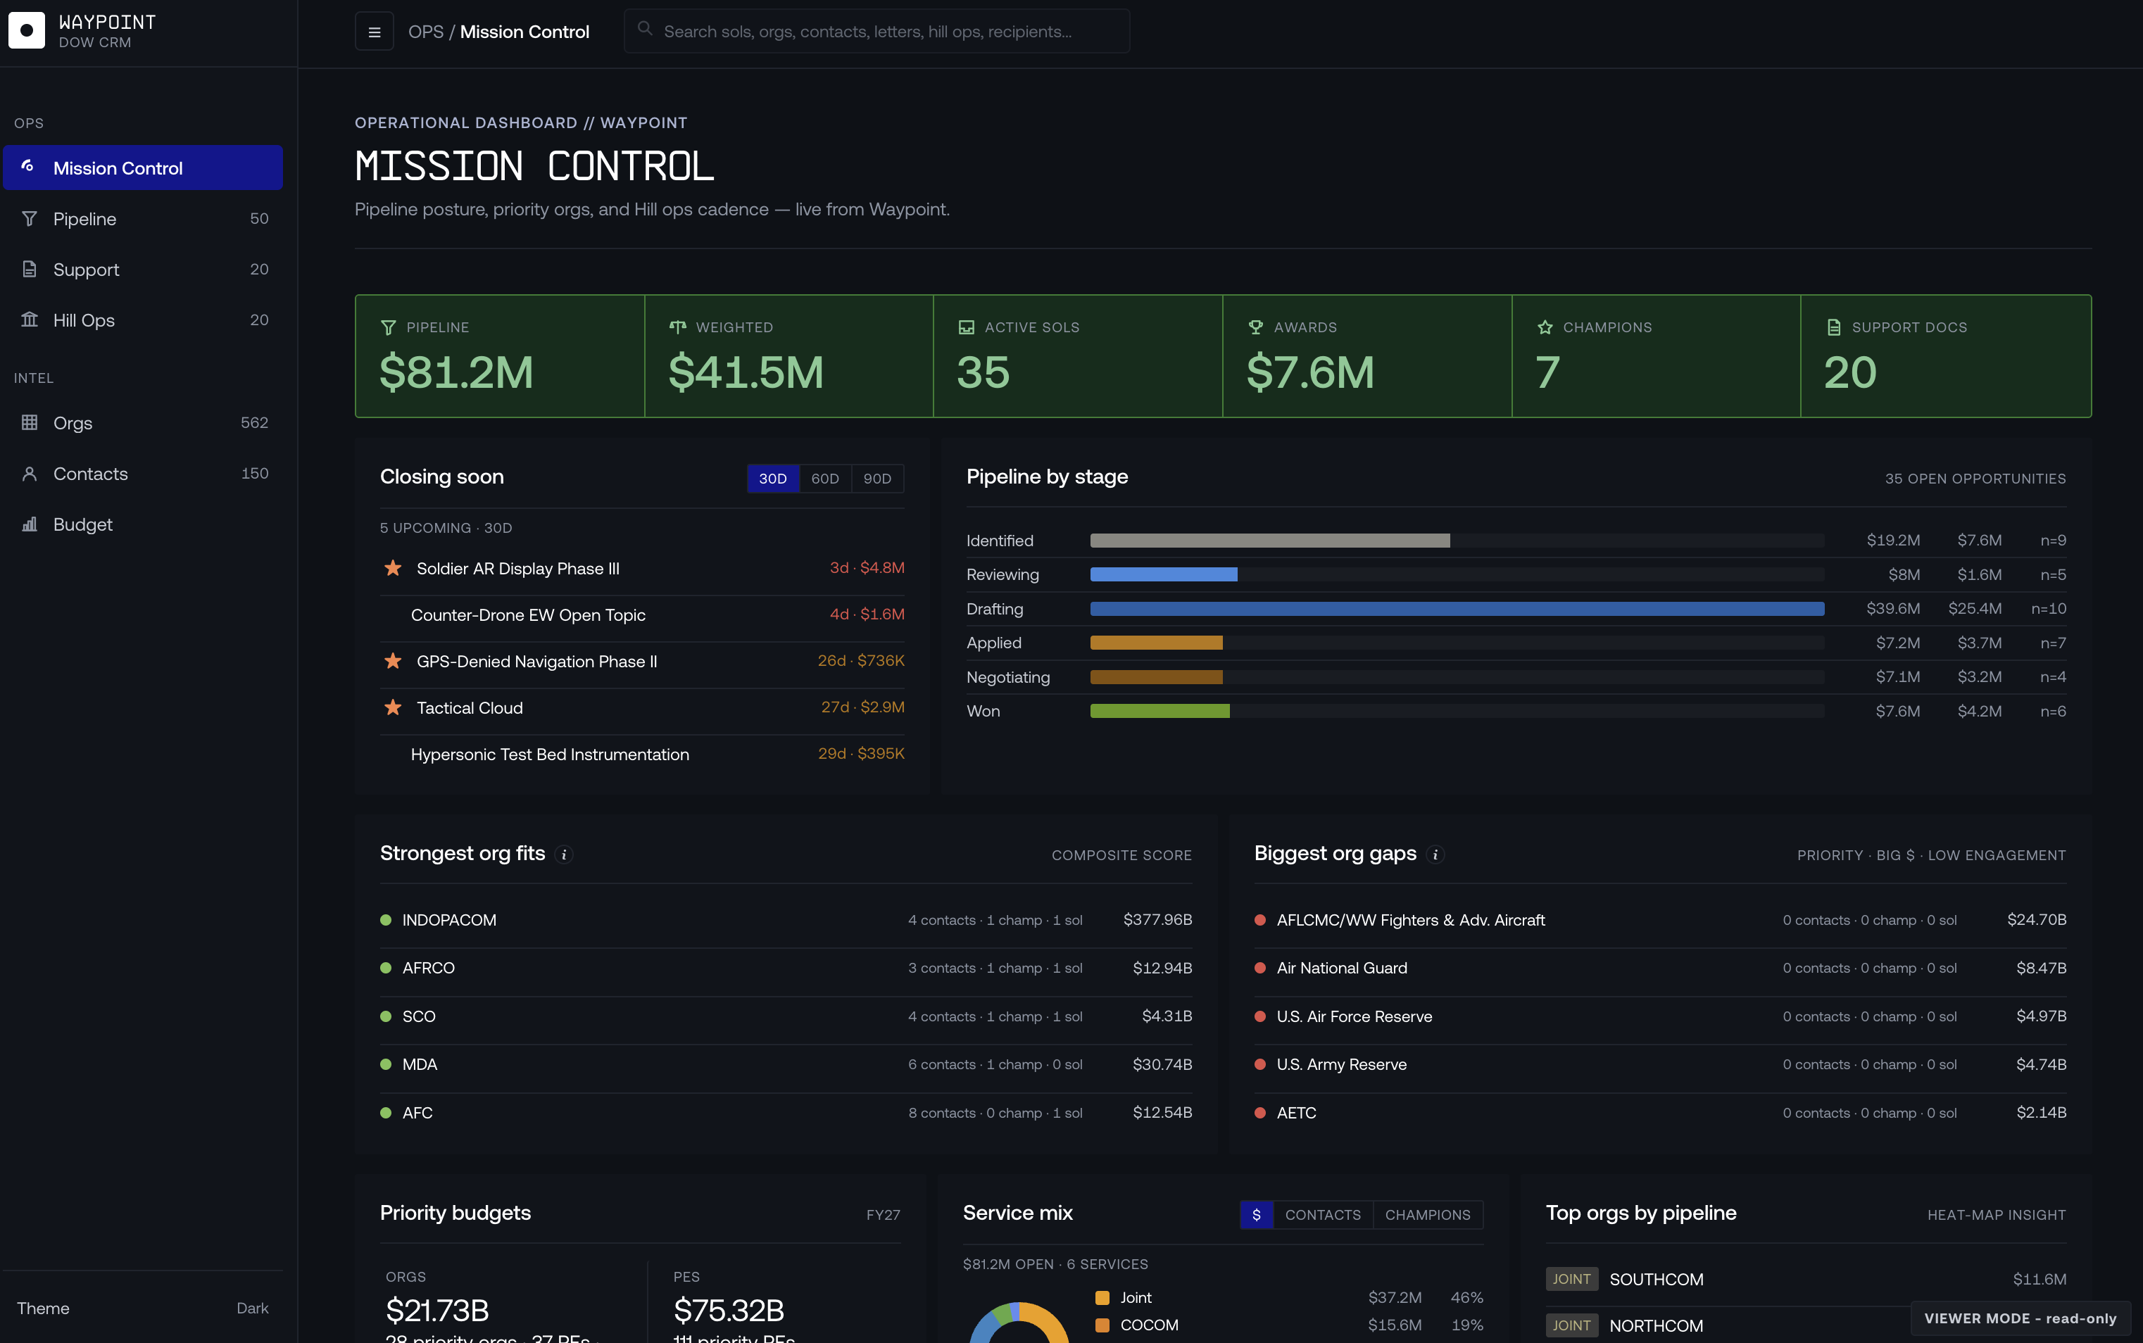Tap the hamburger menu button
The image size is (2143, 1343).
pyautogui.click(x=374, y=32)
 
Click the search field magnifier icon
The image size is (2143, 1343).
pyautogui.click(x=646, y=30)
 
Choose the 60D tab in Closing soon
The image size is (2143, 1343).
pyautogui.click(x=825, y=479)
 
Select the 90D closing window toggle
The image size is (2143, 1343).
pyautogui.click(x=877, y=479)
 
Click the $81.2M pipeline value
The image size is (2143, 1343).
pyautogui.click(x=456, y=371)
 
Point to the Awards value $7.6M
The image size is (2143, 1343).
pyautogui.click(x=1310, y=371)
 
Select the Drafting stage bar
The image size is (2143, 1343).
pyautogui.click(x=1457, y=608)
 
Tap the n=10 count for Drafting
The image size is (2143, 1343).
pyautogui.click(x=2048, y=608)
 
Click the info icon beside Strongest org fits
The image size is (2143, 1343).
pyautogui.click(x=564, y=855)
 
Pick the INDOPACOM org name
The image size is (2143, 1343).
pyautogui.click(x=449, y=920)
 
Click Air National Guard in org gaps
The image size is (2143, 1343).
pyautogui.click(x=1341, y=968)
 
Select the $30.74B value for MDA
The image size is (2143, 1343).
pyautogui.click(x=1162, y=1064)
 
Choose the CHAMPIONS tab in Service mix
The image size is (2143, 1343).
pyautogui.click(x=1427, y=1215)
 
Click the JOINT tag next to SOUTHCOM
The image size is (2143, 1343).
pyautogui.click(x=1571, y=1279)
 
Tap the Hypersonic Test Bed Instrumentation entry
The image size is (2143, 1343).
pyautogui.click(x=550, y=754)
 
